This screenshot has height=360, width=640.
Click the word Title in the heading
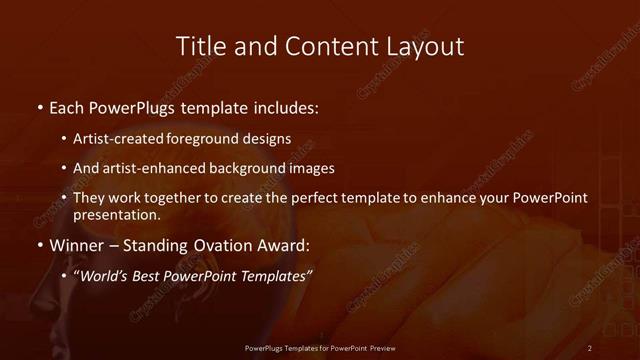pyautogui.click(x=199, y=47)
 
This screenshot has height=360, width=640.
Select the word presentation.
pyautogui.click(x=116, y=214)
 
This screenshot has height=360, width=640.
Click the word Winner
pyautogui.click(x=77, y=244)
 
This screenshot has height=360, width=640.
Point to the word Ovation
pyautogui.click(x=209, y=244)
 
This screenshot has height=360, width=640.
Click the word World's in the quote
pyautogui.click(x=104, y=275)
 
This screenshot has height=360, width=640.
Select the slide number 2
pyautogui.click(x=590, y=347)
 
